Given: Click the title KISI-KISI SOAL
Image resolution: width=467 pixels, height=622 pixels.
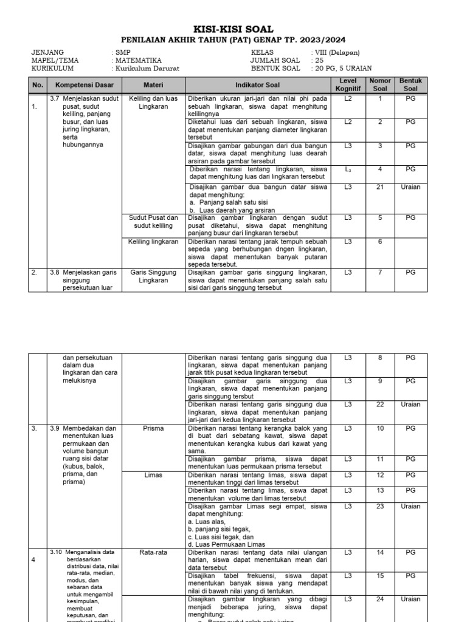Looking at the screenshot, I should (x=233, y=29).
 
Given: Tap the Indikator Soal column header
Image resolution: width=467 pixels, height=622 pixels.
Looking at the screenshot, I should (x=258, y=85).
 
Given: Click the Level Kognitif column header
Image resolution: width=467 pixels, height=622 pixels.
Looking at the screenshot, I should (x=348, y=85).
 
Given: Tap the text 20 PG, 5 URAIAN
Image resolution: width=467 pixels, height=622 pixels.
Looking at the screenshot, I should (x=344, y=69).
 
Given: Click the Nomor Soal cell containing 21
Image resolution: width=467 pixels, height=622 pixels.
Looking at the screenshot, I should (x=380, y=187).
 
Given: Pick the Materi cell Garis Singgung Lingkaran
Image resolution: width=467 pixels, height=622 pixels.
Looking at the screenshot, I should (x=153, y=276).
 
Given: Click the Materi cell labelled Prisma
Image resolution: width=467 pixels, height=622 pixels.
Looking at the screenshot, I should (x=153, y=428).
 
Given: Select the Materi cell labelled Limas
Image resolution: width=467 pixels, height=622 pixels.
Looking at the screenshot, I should (x=153, y=475).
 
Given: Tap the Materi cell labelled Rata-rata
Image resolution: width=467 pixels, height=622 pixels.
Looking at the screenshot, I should (x=153, y=553).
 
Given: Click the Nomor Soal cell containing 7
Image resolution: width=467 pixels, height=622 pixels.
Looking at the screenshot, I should (x=380, y=273).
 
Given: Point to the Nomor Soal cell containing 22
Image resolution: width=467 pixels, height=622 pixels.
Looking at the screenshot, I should (x=380, y=405).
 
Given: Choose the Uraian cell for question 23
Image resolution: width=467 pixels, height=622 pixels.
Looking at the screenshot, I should (x=410, y=506).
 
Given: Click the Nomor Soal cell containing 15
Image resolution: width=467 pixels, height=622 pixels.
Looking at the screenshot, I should (x=380, y=575).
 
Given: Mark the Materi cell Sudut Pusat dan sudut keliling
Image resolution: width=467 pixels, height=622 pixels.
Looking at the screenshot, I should (x=153, y=222).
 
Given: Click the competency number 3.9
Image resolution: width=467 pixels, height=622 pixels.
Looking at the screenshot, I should (x=55, y=428).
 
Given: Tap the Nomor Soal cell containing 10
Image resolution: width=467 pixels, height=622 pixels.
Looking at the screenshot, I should (x=380, y=428).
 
